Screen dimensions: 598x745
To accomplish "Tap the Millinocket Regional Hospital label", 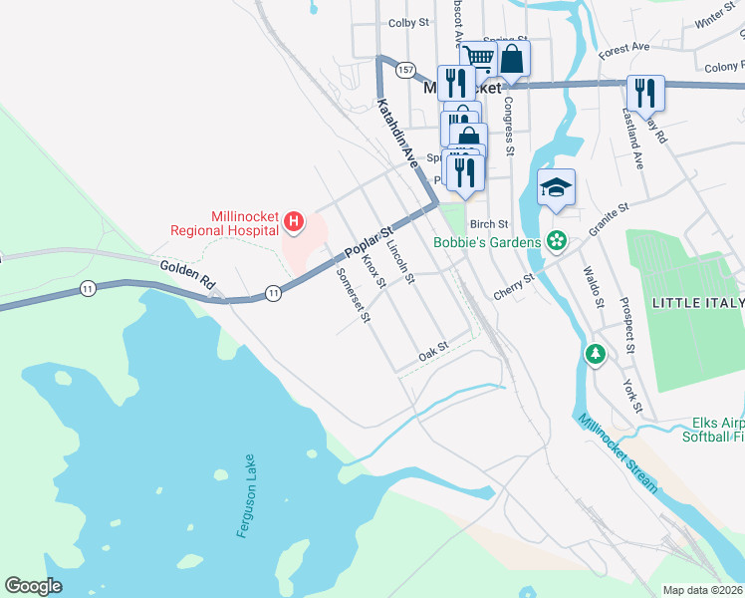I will click(243, 222).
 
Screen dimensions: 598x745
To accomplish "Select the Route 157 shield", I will click(404, 70).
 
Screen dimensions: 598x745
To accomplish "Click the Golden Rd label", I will click(188, 274).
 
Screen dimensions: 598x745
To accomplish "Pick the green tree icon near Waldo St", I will click(595, 354).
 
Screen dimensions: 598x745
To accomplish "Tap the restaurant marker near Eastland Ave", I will click(645, 94).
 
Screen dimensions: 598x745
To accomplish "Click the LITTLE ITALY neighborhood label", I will click(696, 302).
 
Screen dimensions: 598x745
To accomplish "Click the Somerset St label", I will click(354, 296).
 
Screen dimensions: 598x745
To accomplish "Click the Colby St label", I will click(407, 22).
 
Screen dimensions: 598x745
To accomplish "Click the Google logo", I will click(34, 586).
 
